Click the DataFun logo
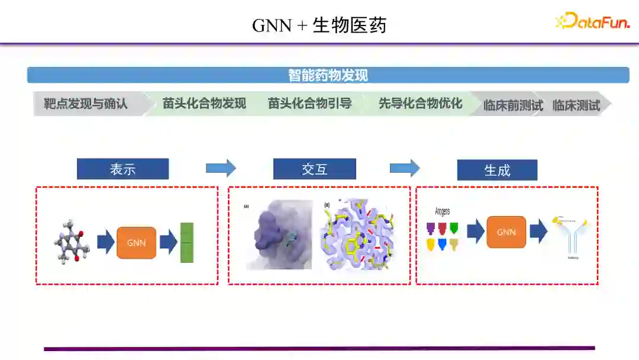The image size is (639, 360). [x=593, y=21]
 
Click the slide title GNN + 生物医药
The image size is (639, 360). [x=319, y=25]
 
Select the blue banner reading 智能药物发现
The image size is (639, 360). [x=328, y=75]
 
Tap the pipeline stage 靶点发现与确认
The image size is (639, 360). [x=86, y=104]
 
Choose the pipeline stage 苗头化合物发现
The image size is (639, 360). [x=204, y=104]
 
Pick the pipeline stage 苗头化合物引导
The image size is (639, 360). [x=309, y=104]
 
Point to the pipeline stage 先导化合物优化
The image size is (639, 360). [x=420, y=104]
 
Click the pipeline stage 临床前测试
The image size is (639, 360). [x=512, y=105]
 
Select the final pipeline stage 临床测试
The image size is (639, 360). [x=576, y=105]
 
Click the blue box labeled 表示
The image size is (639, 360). [x=122, y=169]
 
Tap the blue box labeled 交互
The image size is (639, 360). [x=314, y=169]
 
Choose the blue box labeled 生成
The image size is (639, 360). [x=497, y=170]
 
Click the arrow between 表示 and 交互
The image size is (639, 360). [x=221, y=168]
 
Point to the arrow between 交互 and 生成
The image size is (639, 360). [x=405, y=168]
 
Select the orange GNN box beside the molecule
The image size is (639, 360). [x=136, y=243]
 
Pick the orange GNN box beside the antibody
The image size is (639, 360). [x=506, y=232]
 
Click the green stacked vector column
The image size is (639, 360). [x=187, y=242]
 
